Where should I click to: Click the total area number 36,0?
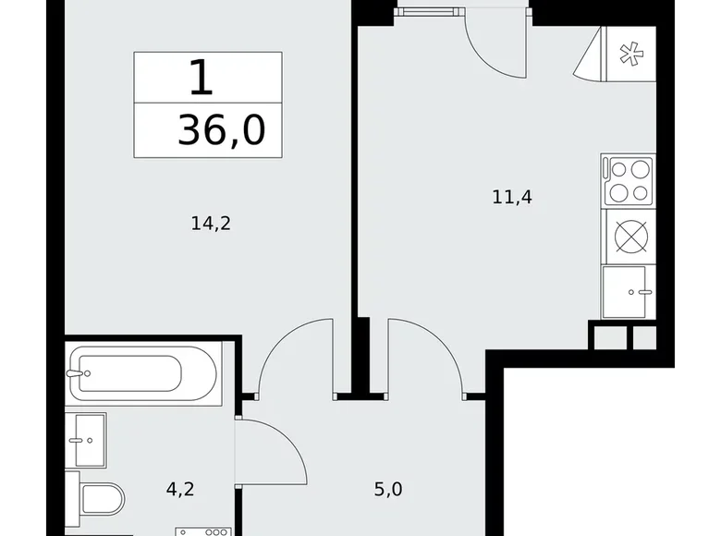coord(222,131)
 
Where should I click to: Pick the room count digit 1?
coord(202,78)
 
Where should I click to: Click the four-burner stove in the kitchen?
coord(629,180)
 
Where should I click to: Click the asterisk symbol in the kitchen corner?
coord(629,55)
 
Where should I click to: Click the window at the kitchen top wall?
coord(431,9)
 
